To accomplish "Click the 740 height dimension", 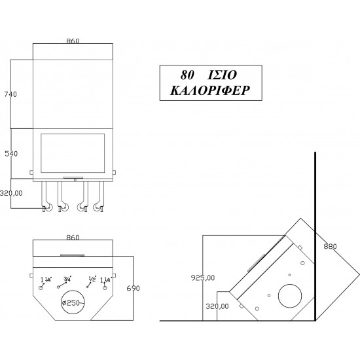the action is (10, 94).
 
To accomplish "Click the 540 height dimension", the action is (11, 154).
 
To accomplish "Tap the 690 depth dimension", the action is (133, 288).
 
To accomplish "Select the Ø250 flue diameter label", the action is (71, 303).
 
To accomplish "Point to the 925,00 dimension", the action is (203, 278).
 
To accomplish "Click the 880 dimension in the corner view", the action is (330, 246).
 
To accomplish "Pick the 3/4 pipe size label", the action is (67, 279).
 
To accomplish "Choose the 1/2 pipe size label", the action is (92, 279).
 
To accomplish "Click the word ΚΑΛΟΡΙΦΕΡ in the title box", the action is (210, 90).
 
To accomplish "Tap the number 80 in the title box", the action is (187, 75).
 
